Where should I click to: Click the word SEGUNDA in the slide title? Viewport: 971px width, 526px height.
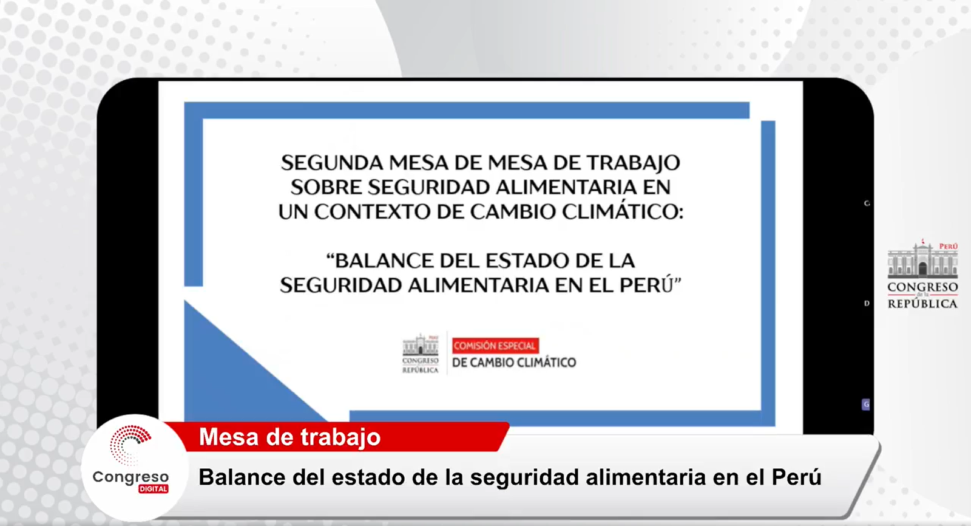(x=332, y=163)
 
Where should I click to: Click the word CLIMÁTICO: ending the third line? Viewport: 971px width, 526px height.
(x=623, y=212)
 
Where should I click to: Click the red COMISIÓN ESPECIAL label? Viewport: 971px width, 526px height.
(x=495, y=346)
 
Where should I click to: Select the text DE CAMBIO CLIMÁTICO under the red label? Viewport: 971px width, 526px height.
(x=514, y=363)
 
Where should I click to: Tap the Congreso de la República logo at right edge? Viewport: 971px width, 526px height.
(x=922, y=275)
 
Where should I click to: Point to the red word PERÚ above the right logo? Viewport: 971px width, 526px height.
(x=949, y=247)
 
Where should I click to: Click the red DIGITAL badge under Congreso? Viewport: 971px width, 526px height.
(x=154, y=489)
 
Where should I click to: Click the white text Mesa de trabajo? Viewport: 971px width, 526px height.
(x=289, y=437)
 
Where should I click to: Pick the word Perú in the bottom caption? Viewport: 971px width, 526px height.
(x=796, y=477)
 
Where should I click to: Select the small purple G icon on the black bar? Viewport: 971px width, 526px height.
(x=865, y=405)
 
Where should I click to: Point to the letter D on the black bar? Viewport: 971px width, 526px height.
(x=867, y=303)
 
